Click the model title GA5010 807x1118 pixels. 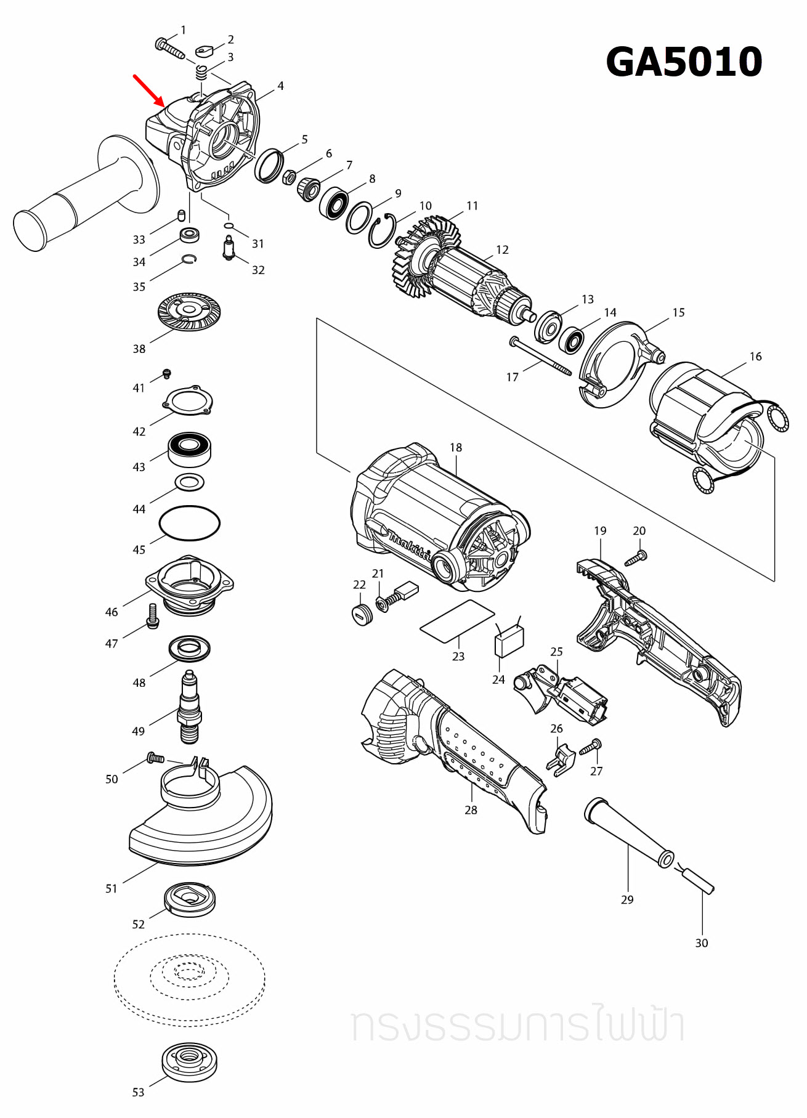684,62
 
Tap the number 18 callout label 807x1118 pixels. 455,447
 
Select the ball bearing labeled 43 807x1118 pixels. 190,448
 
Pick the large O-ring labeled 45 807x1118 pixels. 189,523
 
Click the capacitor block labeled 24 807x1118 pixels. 509,642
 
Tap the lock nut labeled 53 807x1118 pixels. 189,1061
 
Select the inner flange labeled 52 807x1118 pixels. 190,899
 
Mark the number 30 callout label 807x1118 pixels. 701,943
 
